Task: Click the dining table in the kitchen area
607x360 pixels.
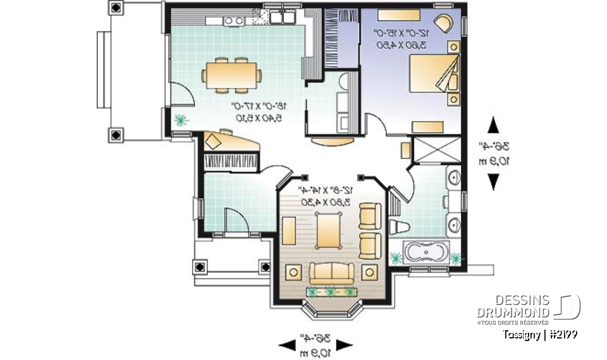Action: (x=230, y=73)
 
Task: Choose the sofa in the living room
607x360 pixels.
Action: (x=331, y=273)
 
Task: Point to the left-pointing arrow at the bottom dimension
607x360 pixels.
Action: (x=287, y=345)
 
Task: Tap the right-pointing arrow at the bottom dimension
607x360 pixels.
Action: (x=344, y=345)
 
